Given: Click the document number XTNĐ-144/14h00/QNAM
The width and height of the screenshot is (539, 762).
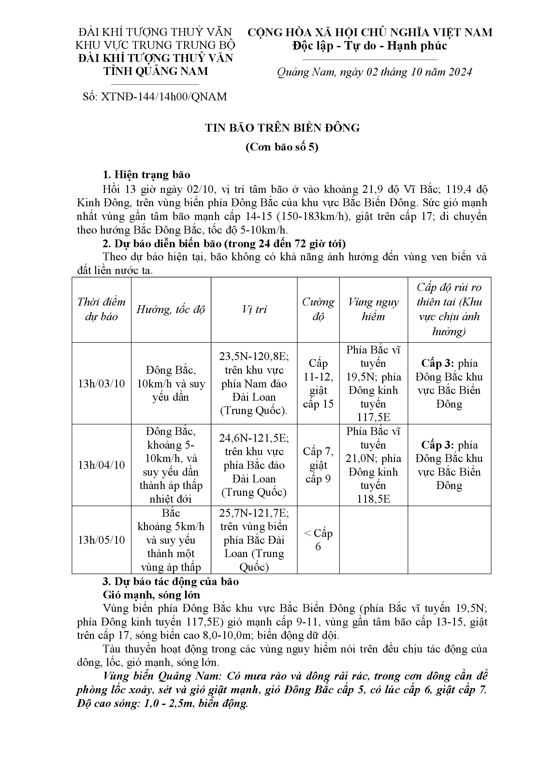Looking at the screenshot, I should [155, 96].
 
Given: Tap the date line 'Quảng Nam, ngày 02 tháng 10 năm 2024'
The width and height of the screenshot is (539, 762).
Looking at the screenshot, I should [374, 72].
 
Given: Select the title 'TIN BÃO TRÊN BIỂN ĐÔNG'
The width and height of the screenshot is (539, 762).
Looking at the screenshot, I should [283, 128].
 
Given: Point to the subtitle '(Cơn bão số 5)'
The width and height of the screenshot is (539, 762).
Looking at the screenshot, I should [282, 147].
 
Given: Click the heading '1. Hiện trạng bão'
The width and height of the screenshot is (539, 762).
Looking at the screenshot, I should [147, 175].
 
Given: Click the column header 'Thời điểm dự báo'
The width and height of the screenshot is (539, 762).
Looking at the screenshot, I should [102, 309].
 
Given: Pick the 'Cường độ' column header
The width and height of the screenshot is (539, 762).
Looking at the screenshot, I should [318, 309].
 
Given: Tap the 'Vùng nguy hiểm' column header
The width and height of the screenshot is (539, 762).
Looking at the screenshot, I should [373, 309].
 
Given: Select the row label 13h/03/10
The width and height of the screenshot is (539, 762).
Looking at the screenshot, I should [102, 384].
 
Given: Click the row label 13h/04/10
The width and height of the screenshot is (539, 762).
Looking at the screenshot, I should [102, 465].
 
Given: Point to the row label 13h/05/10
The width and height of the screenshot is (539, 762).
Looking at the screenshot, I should [102, 540].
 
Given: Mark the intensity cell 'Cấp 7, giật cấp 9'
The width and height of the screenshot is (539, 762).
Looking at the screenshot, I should [318, 465].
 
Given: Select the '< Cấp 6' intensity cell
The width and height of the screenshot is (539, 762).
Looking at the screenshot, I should [318, 539].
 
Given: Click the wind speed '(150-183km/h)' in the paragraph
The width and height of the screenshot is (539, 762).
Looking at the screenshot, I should [314, 216].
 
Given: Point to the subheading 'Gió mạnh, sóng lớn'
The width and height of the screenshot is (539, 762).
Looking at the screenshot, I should [151, 595].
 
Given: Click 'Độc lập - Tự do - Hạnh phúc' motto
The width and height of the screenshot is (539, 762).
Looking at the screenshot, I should [370, 46].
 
